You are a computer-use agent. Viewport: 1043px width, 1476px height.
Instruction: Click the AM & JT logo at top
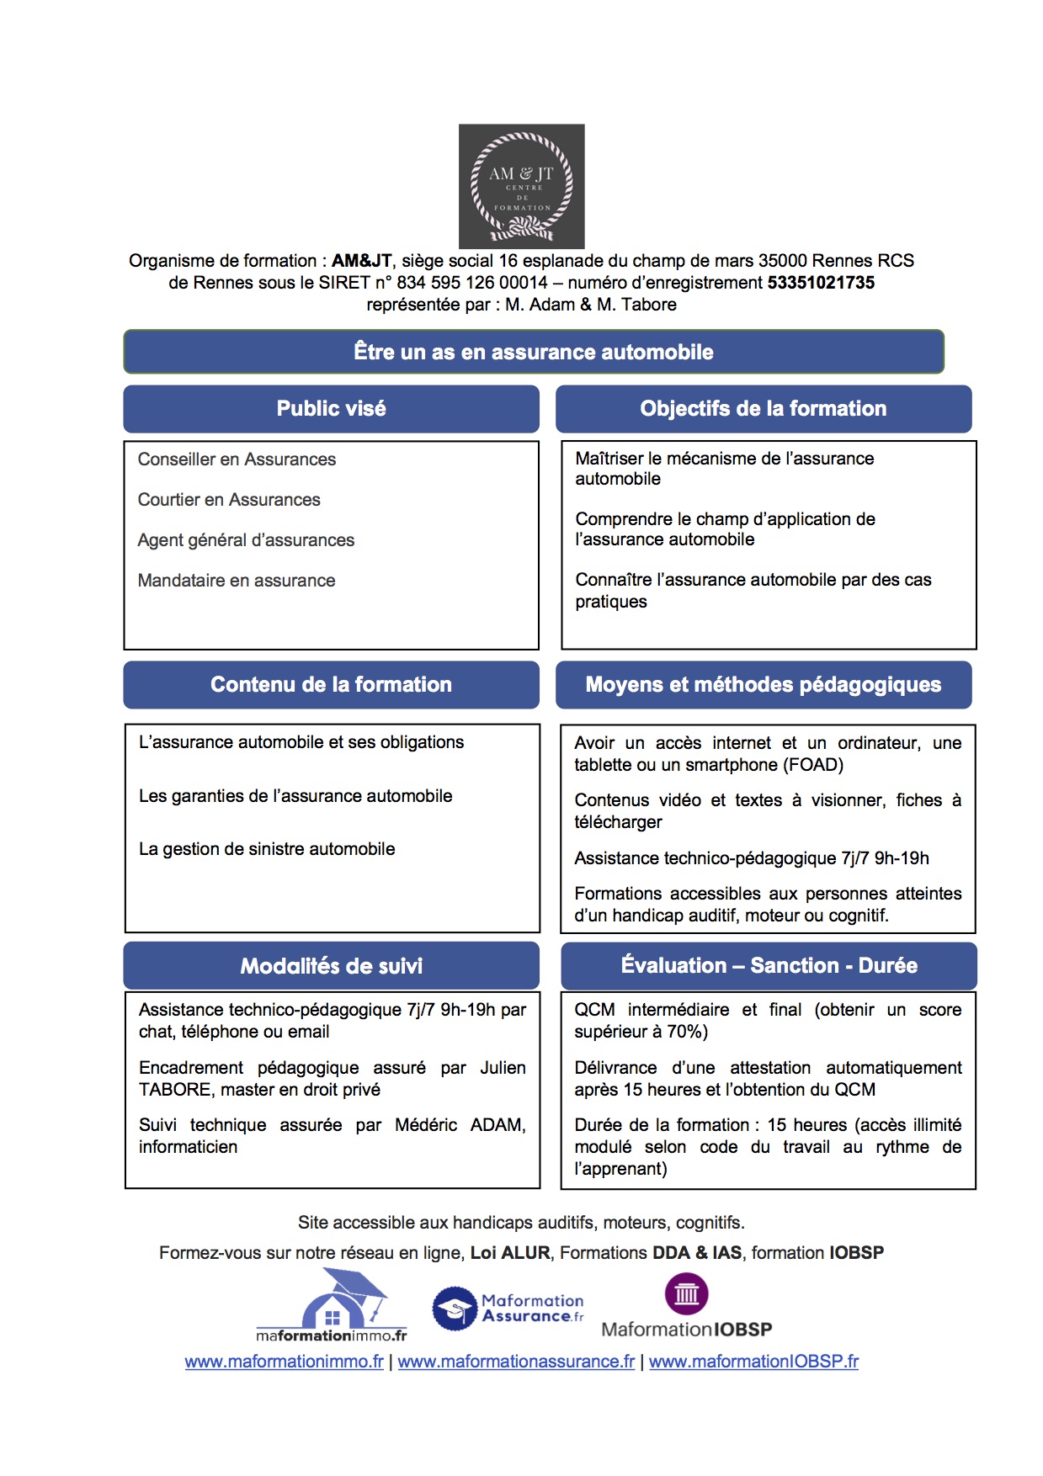[x=521, y=186]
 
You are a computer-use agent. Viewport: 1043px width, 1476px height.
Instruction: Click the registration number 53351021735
[x=821, y=283]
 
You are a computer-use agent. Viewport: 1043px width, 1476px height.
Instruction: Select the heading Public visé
[x=331, y=409]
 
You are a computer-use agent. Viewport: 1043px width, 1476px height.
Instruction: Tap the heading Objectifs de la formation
[x=763, y=409]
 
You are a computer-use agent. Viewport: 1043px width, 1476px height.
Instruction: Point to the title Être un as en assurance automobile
[x=533, y=352]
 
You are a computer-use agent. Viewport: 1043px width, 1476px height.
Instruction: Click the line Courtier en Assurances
[x=229, y=500]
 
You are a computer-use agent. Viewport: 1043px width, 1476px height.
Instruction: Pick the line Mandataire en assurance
[x=237, y=581]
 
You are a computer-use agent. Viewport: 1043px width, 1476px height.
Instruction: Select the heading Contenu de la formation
[x=331, y=685]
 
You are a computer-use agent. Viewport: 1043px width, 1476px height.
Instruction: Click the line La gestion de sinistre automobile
[x=267, y=849]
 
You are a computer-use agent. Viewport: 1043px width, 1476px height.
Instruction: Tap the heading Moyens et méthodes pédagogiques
[x=763, y=685]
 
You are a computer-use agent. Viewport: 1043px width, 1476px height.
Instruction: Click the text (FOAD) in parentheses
[x=813, y=765]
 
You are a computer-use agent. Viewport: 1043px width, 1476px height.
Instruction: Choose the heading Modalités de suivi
[x=331, y=966]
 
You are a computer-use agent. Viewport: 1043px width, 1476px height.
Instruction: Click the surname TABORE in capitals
[x=175, y=1090]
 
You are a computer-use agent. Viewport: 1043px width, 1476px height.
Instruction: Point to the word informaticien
[x=188, y=1147]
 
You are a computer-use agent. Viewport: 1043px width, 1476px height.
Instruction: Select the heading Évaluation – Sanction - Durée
[x=769, y=966]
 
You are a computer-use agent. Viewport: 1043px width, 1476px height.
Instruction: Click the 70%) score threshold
[x=686, y=1032]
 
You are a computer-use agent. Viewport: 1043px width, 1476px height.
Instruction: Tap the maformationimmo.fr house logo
[x=332, y=1305]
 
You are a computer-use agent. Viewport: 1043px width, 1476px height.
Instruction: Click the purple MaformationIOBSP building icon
[x=686, y=1293]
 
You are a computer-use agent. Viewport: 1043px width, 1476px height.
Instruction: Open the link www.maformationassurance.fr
[x=516, y=1362]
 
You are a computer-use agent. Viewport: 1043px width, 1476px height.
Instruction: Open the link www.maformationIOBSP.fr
[x=753, y=1362]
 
